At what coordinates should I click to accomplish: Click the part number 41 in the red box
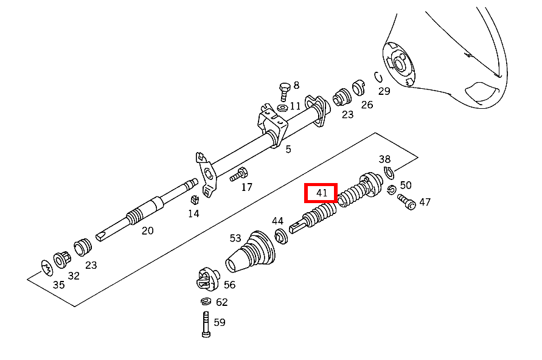tap(321, 193)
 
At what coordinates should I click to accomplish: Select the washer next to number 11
tap(282, 108)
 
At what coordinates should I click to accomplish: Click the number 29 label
tap(384, 91)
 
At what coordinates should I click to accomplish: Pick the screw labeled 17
tap(239, 175)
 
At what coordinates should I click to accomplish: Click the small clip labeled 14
tap(195, 199)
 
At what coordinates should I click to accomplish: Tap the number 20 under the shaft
tap(148, 230)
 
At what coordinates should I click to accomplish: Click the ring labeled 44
tap(280, 236)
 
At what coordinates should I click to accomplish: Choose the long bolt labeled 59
tap(206, 324)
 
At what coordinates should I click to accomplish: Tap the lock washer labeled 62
tap(206, 302)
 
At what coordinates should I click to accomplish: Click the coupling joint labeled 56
tap(208, 280)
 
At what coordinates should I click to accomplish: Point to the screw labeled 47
tap(406, 202)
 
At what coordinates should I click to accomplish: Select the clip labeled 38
tap(389, 173)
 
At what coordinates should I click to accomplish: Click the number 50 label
tap(406, 185)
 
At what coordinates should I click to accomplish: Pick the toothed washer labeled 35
tap(47, 268)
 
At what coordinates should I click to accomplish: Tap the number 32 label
tap(74, 275)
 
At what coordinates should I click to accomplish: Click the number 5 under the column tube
tap(288, 149)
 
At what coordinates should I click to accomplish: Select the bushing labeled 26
tap(358, 88)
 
